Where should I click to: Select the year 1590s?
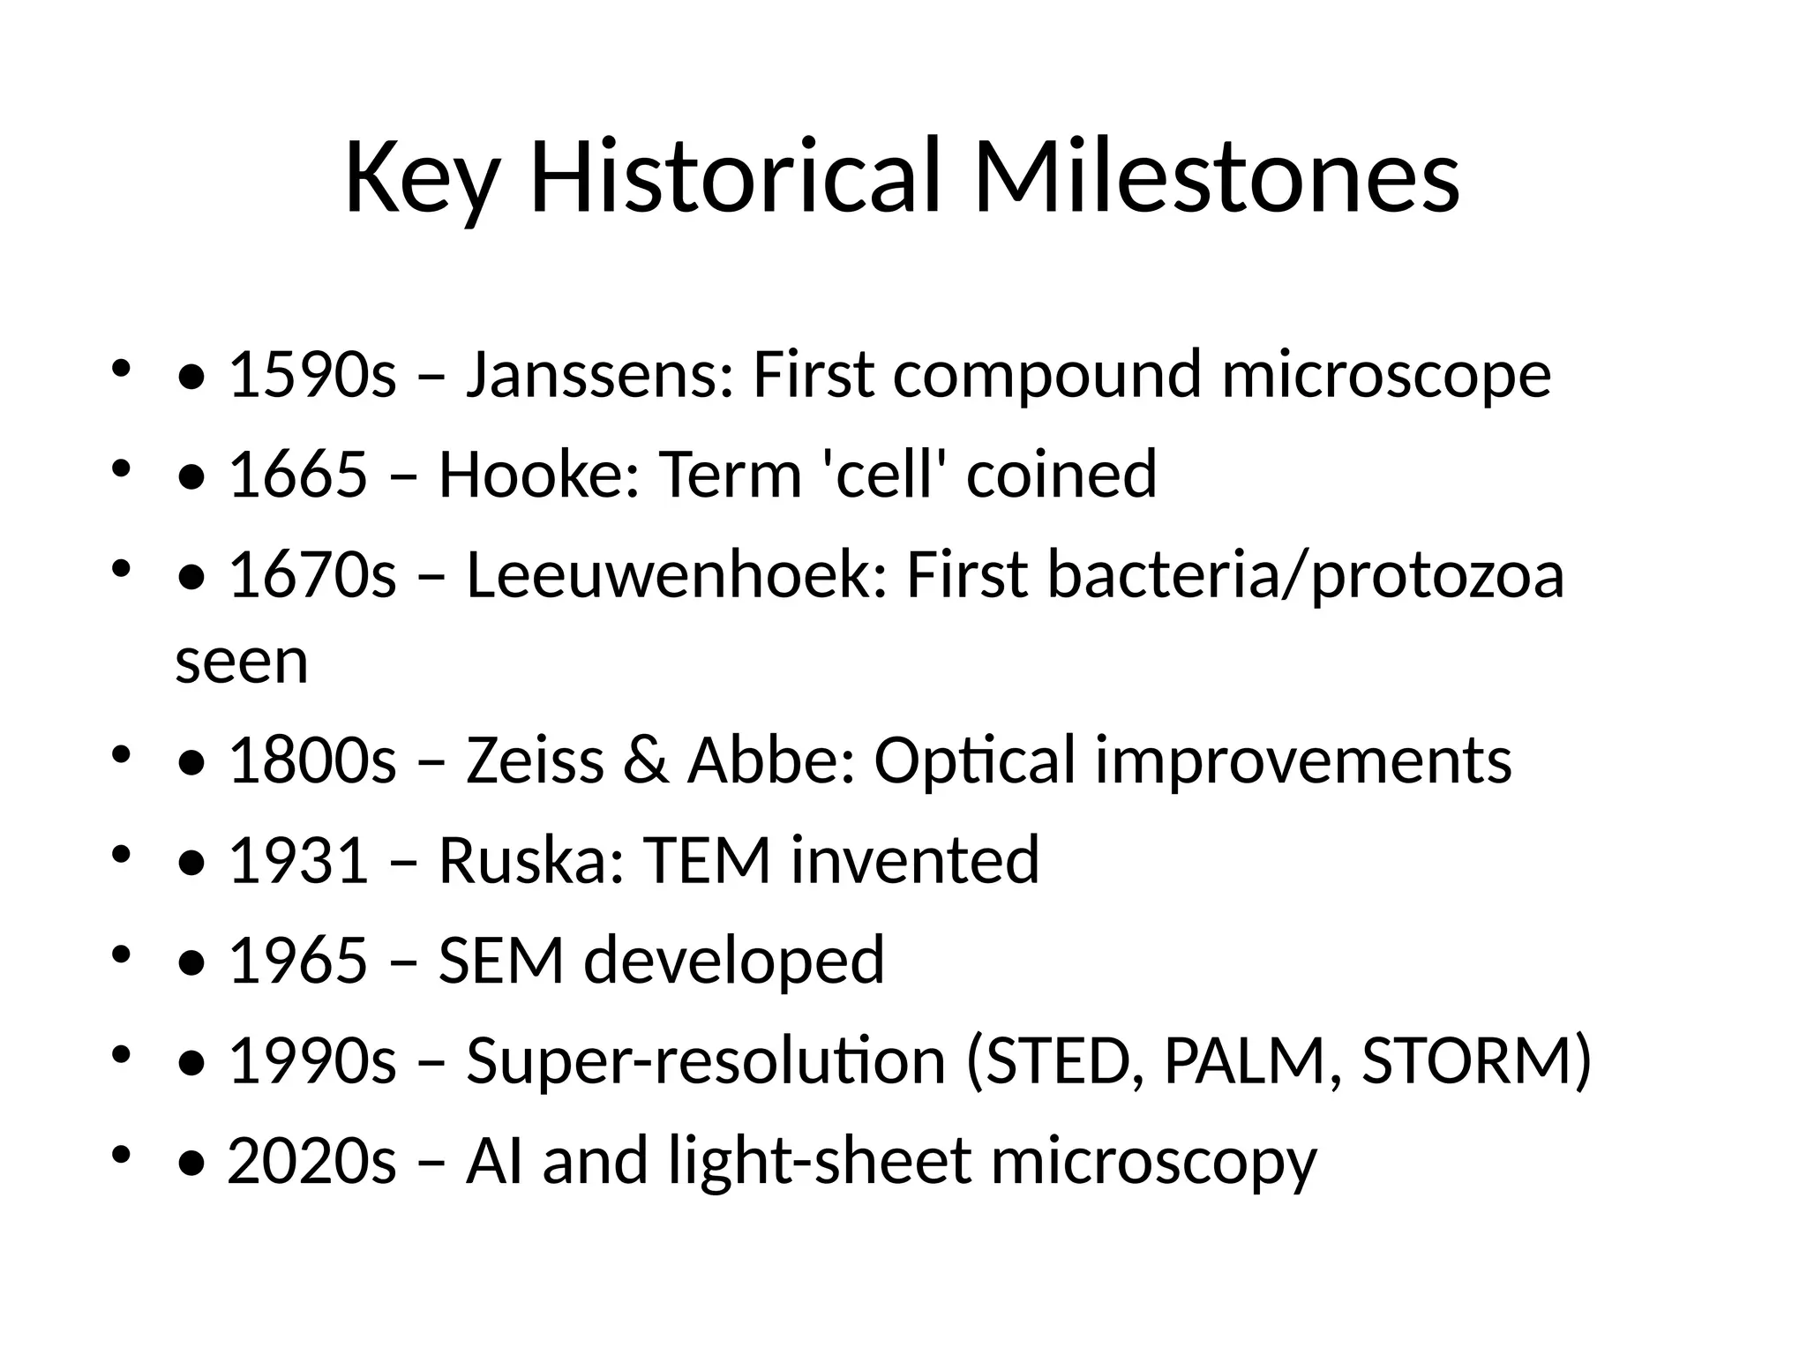click(312, 374)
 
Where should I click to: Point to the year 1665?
click(297, 474)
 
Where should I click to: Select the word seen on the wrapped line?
click(242, 661)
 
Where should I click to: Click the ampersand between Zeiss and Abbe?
click(645, 760)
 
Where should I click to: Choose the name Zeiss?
click(535, 760)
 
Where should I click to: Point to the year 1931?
click(297, 860)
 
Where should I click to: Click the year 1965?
click(297, 960)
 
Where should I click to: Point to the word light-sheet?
click(820, 1160)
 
